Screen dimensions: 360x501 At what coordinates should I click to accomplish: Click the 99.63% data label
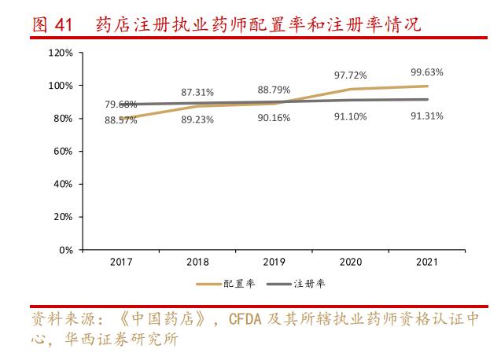coord(427,72)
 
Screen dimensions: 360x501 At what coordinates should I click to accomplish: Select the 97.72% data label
coord(351,75)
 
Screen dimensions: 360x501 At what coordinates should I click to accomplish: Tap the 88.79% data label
coord(274,90)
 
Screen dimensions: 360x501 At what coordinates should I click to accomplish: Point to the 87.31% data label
coord(197,92)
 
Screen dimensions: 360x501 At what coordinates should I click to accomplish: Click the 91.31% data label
coord(427,116)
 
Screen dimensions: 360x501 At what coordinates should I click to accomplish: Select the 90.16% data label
coord(274,118)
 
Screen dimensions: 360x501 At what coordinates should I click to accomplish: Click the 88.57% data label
coord(121,120)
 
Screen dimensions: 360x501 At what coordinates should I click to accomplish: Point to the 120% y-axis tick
coord(61,53)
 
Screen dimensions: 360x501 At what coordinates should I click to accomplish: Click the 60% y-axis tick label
coord(63,151)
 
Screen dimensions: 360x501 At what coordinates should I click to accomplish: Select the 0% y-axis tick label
coord(66,250)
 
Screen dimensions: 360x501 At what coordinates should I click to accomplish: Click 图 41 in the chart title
coord(53,25)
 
